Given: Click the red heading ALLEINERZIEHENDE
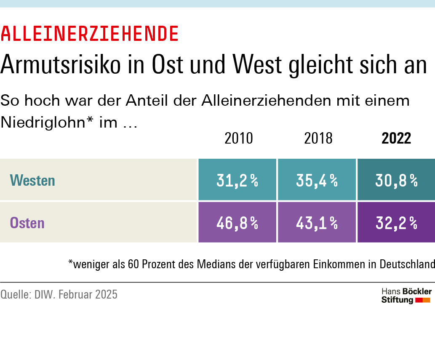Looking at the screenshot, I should pyautogui.click(x=90, y=34).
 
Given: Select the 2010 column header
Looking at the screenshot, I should pyautogui.click(x=239, y=138).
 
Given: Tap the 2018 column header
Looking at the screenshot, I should pyautogui.click(x=318, y=138).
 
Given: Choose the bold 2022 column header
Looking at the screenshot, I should pyautogui.click(x=396, y=138).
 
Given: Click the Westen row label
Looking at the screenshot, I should pyautogui.click(x=32, y=181).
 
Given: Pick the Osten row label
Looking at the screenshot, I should pyautogui.click(x=27, y=223).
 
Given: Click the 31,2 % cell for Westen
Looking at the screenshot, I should pyautogui.click(x=237, y=181).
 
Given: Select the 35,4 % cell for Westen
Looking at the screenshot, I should pyautogui.click(x=317, y=181).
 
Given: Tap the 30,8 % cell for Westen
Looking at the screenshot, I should pyautogui.click(x=396, y=181).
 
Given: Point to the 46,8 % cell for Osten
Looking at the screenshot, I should pyautogui.click(x=237, y=223).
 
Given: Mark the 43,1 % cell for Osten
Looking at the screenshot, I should pyautogui.click(x=317, y=223).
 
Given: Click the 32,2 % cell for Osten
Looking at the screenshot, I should pyautogui.click(x=396, y=223).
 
